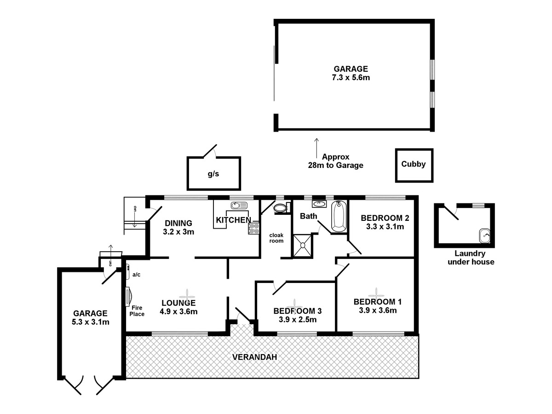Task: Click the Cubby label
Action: click(x=414, y=164)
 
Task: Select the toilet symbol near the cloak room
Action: click(x=280, y=208)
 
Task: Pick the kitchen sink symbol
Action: click(x=239, y=205)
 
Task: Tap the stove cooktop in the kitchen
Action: click(x=253, y=229)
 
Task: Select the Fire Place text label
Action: click(x=137, y=311)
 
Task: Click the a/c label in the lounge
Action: click(x=136, y=275)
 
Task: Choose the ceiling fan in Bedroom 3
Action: click(x=293, y=303)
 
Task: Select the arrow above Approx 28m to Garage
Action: click(x=316, y=147)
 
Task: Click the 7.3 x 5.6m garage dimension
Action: click(x=351, y=78)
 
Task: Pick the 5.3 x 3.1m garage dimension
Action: click(x=90, y=322)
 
